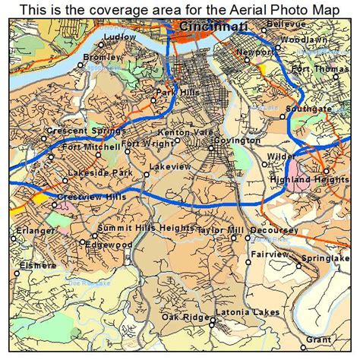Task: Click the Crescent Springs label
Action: [76, 131]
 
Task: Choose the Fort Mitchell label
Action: [90, 146]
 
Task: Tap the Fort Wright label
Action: [141, 144]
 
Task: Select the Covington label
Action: [236, 141]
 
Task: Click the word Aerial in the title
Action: [216, 8]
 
